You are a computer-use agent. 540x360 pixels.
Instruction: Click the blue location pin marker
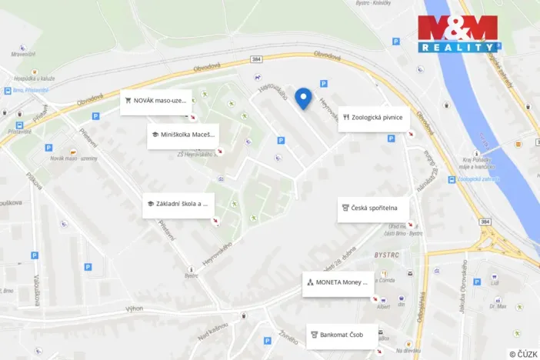coord(304,98)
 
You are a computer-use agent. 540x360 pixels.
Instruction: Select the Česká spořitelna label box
coord(373,208)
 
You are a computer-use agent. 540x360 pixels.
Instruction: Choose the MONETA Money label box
coord(338,282)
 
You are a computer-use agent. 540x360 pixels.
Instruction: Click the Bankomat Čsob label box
coord(342,335)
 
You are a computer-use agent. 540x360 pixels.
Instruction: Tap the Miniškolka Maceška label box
coord(182,135)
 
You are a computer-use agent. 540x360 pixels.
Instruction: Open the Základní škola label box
coord(178,205)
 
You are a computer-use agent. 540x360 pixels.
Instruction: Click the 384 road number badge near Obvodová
coord(257,58)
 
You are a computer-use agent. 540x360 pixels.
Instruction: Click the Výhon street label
coord(135,308)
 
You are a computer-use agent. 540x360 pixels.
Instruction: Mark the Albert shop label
coord(384,306)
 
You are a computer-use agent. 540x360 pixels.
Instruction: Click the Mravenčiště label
coord(23,54)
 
